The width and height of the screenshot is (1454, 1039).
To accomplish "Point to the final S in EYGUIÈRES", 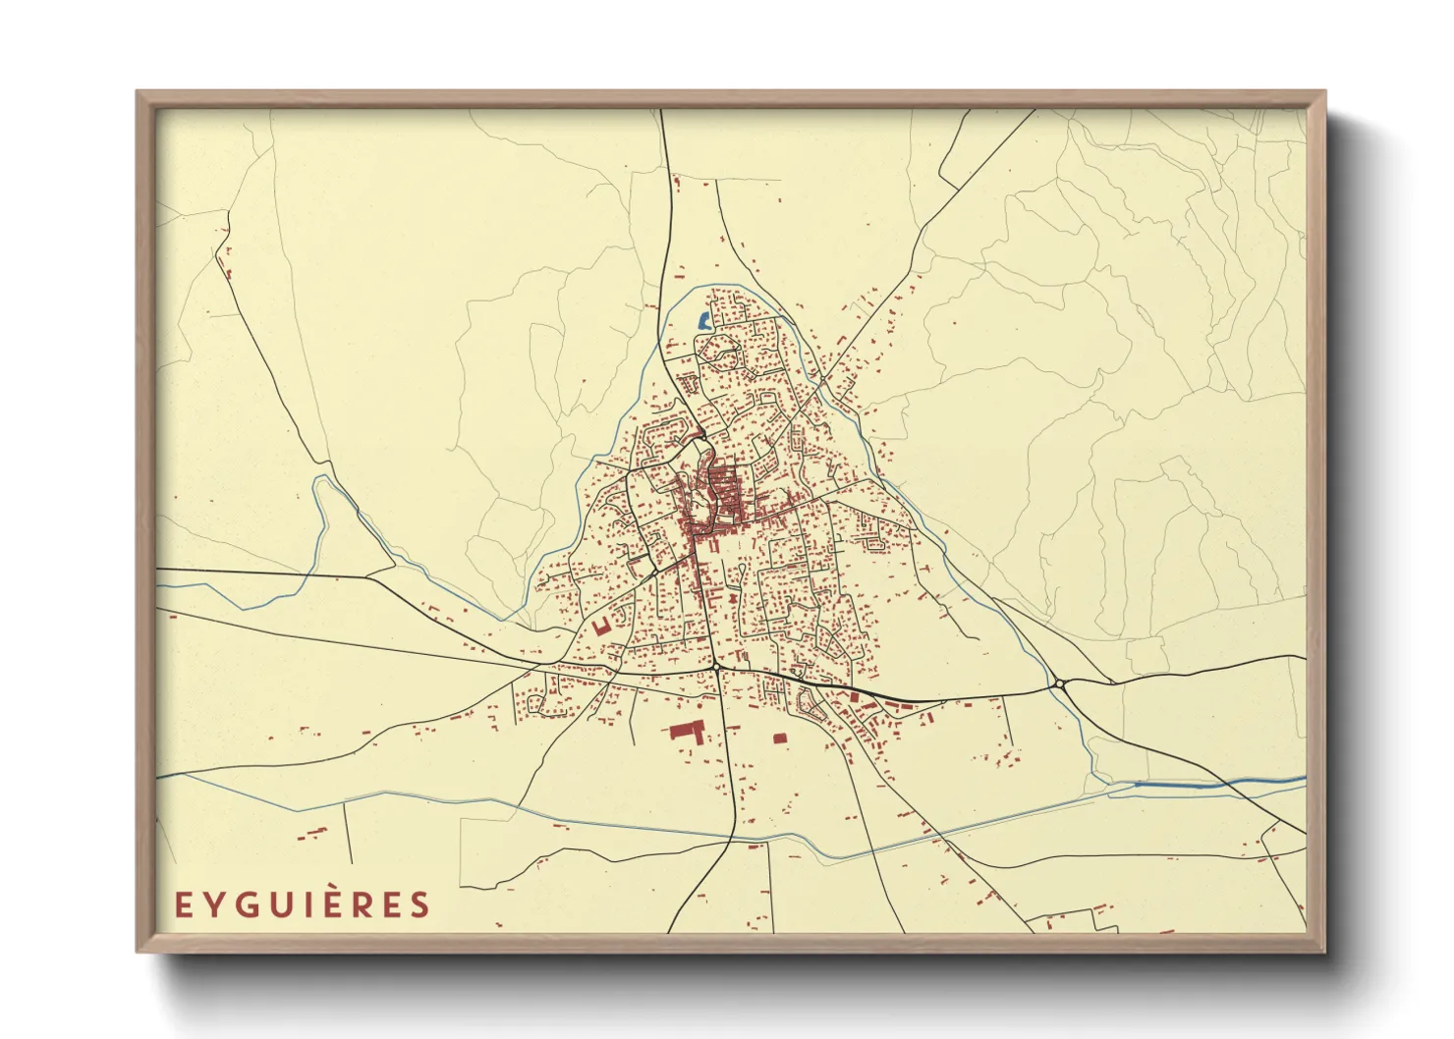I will pyautogui.click(x=420, y=904).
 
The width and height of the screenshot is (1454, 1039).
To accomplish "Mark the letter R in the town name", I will pyautogui.click(x=364, y=904).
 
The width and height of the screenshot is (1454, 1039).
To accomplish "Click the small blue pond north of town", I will pyautogui.click(x=703, y=319).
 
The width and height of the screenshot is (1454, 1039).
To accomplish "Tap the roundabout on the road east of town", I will pyautogui.click(x=1061, y=684).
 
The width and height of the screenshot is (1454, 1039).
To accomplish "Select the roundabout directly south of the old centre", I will pyautogui.click(x=717, y=668).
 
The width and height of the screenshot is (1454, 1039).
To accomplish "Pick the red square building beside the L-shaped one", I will pyautogui.click(x=780, y=738).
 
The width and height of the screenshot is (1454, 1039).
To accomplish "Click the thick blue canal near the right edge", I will pyautogui.click(x=1179, y=785).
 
